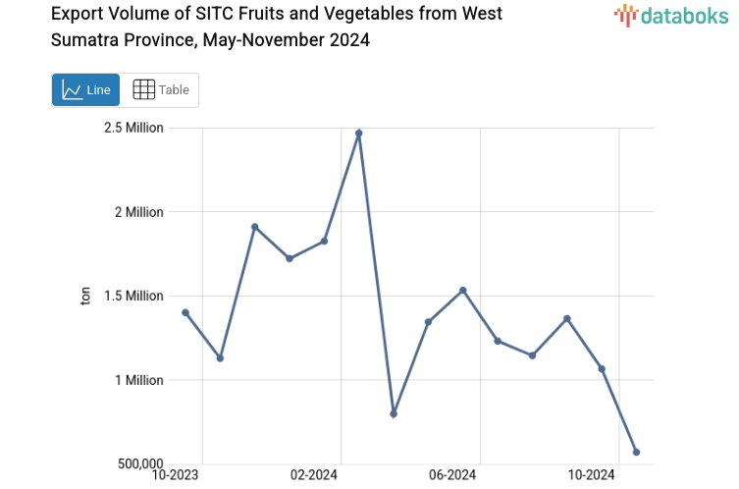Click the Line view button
coord(85,90)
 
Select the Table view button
coord(160,90)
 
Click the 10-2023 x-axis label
coord(179,476)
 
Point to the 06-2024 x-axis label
coord(453,476)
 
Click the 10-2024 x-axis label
coord(592,476)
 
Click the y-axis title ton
coord(86,296)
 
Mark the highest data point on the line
coord(359,133)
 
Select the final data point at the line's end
coord(637,453)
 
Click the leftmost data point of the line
coord(185,312)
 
